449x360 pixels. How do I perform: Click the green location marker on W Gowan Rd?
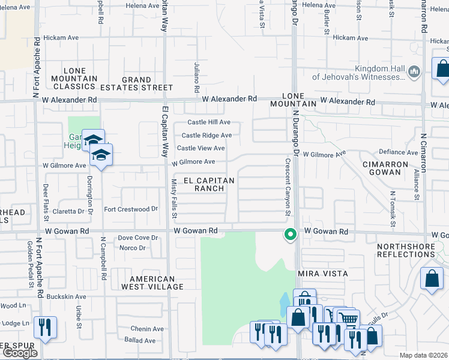(291, 235)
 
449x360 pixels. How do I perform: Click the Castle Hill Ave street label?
(209, 122)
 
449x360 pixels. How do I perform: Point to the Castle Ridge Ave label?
(206, 136)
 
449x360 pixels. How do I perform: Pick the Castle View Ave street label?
(200, 148)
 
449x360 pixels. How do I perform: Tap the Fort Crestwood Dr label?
(130, 209)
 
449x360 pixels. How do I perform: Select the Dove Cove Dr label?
(137, 238)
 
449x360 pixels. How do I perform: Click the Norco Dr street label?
(132, 247)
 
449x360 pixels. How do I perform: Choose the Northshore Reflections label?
(406, 250)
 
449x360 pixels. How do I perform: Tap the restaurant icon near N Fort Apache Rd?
(46, 327)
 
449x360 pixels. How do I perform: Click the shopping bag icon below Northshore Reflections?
(432, 279)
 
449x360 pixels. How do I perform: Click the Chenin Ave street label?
(148, 329)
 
